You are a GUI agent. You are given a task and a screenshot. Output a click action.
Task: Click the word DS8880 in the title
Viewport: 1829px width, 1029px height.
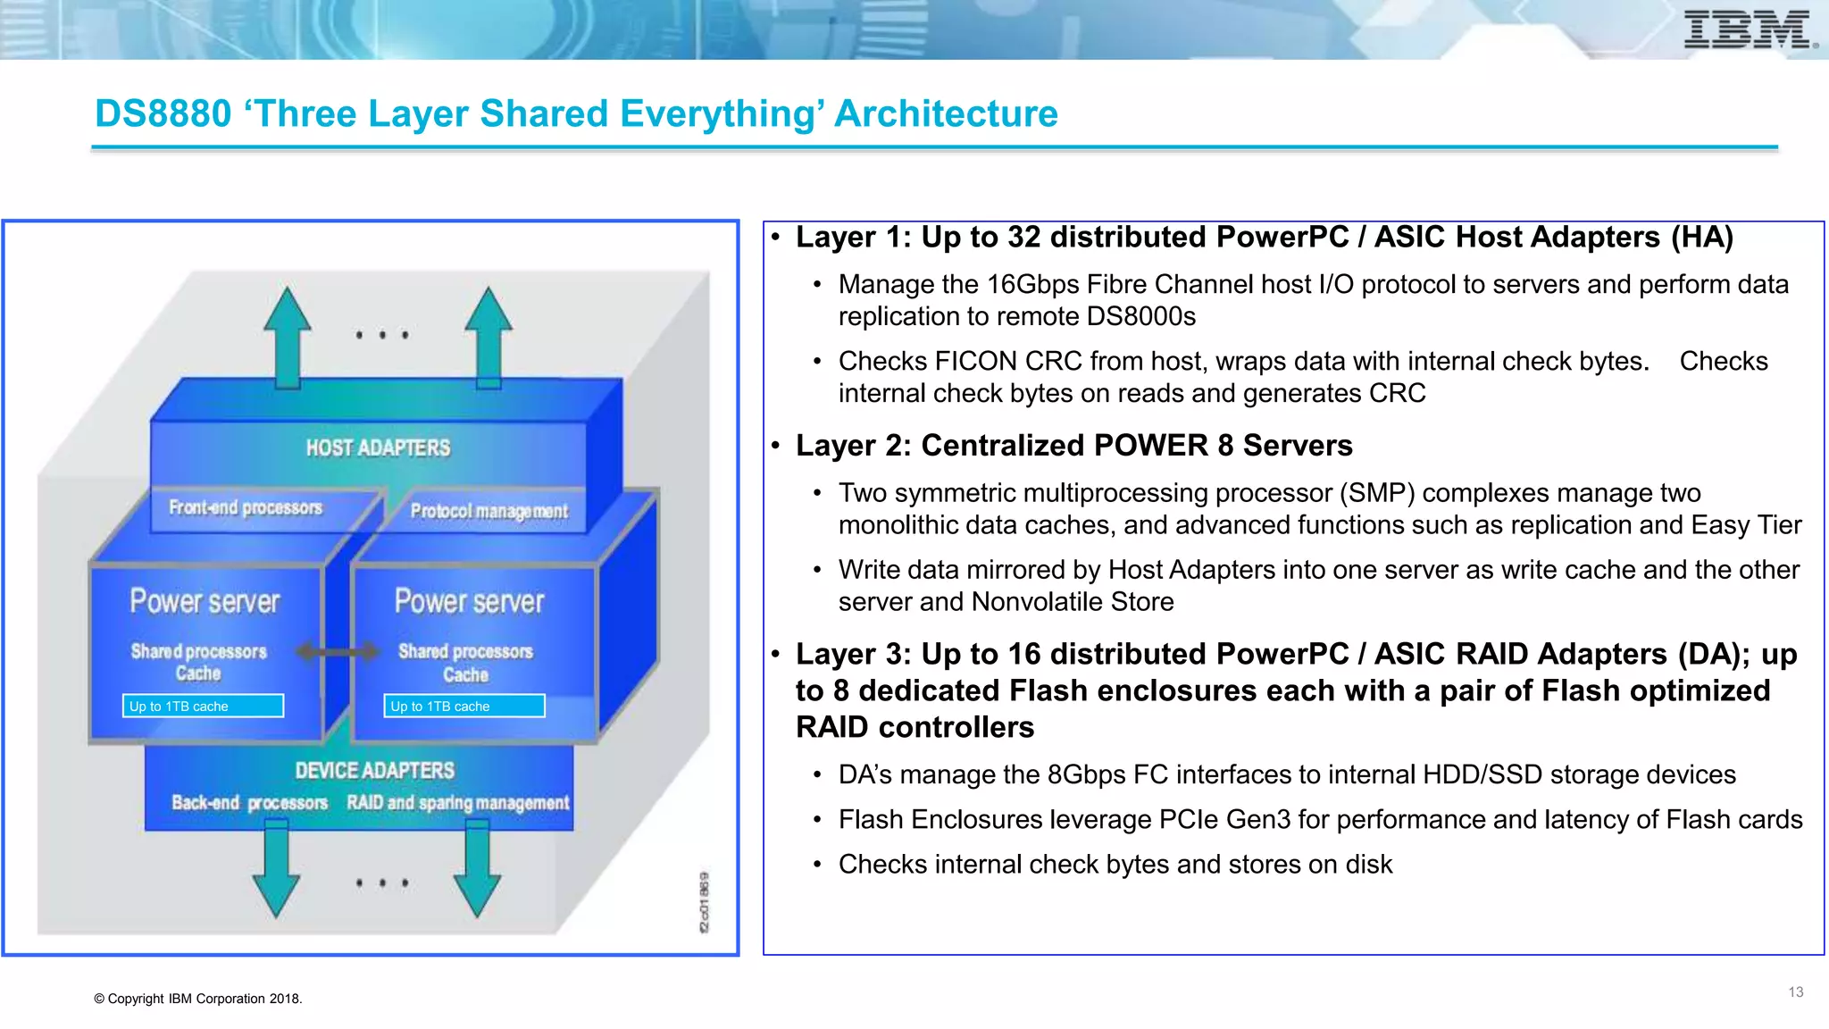point(163,113)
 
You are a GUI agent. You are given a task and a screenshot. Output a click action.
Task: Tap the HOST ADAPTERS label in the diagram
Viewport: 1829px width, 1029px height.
point(378,448)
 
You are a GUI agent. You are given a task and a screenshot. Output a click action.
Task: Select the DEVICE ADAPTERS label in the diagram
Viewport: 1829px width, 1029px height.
point(375,770)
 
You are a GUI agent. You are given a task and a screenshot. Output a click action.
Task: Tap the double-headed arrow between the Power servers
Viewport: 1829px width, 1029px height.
point(338,652)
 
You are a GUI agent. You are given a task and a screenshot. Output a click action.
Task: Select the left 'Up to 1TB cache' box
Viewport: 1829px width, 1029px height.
point(204,706)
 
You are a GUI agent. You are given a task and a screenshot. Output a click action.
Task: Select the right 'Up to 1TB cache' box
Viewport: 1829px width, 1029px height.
point(464,706)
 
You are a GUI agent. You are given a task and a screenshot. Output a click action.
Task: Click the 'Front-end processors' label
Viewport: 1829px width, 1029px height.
point(246,507)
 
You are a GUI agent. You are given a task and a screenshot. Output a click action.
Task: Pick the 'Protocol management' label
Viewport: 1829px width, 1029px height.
point(489,511)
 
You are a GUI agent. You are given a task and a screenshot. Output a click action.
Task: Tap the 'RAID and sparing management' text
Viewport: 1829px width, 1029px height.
point(457,802)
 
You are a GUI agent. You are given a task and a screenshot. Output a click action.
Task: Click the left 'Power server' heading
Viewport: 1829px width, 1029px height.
point(205,601)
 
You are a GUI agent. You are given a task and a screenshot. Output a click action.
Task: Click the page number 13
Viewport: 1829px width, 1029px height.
point(1795,992)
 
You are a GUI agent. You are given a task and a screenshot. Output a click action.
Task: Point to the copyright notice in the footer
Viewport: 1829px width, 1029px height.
point(198,999)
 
